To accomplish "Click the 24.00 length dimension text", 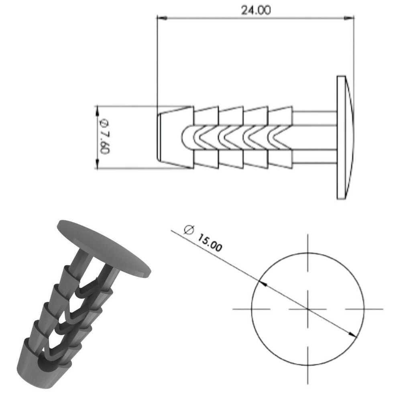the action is point(256,10).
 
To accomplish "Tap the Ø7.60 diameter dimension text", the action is point(104,136).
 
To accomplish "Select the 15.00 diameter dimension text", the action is point(210,242).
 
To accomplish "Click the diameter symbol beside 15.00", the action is point(189,230).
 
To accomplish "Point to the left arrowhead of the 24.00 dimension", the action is point(162,18).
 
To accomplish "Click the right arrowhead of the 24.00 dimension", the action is point(349,18).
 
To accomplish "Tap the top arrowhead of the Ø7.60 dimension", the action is point(97,110).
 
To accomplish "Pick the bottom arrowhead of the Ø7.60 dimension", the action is point(97,164).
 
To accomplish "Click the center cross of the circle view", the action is point(308,309).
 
